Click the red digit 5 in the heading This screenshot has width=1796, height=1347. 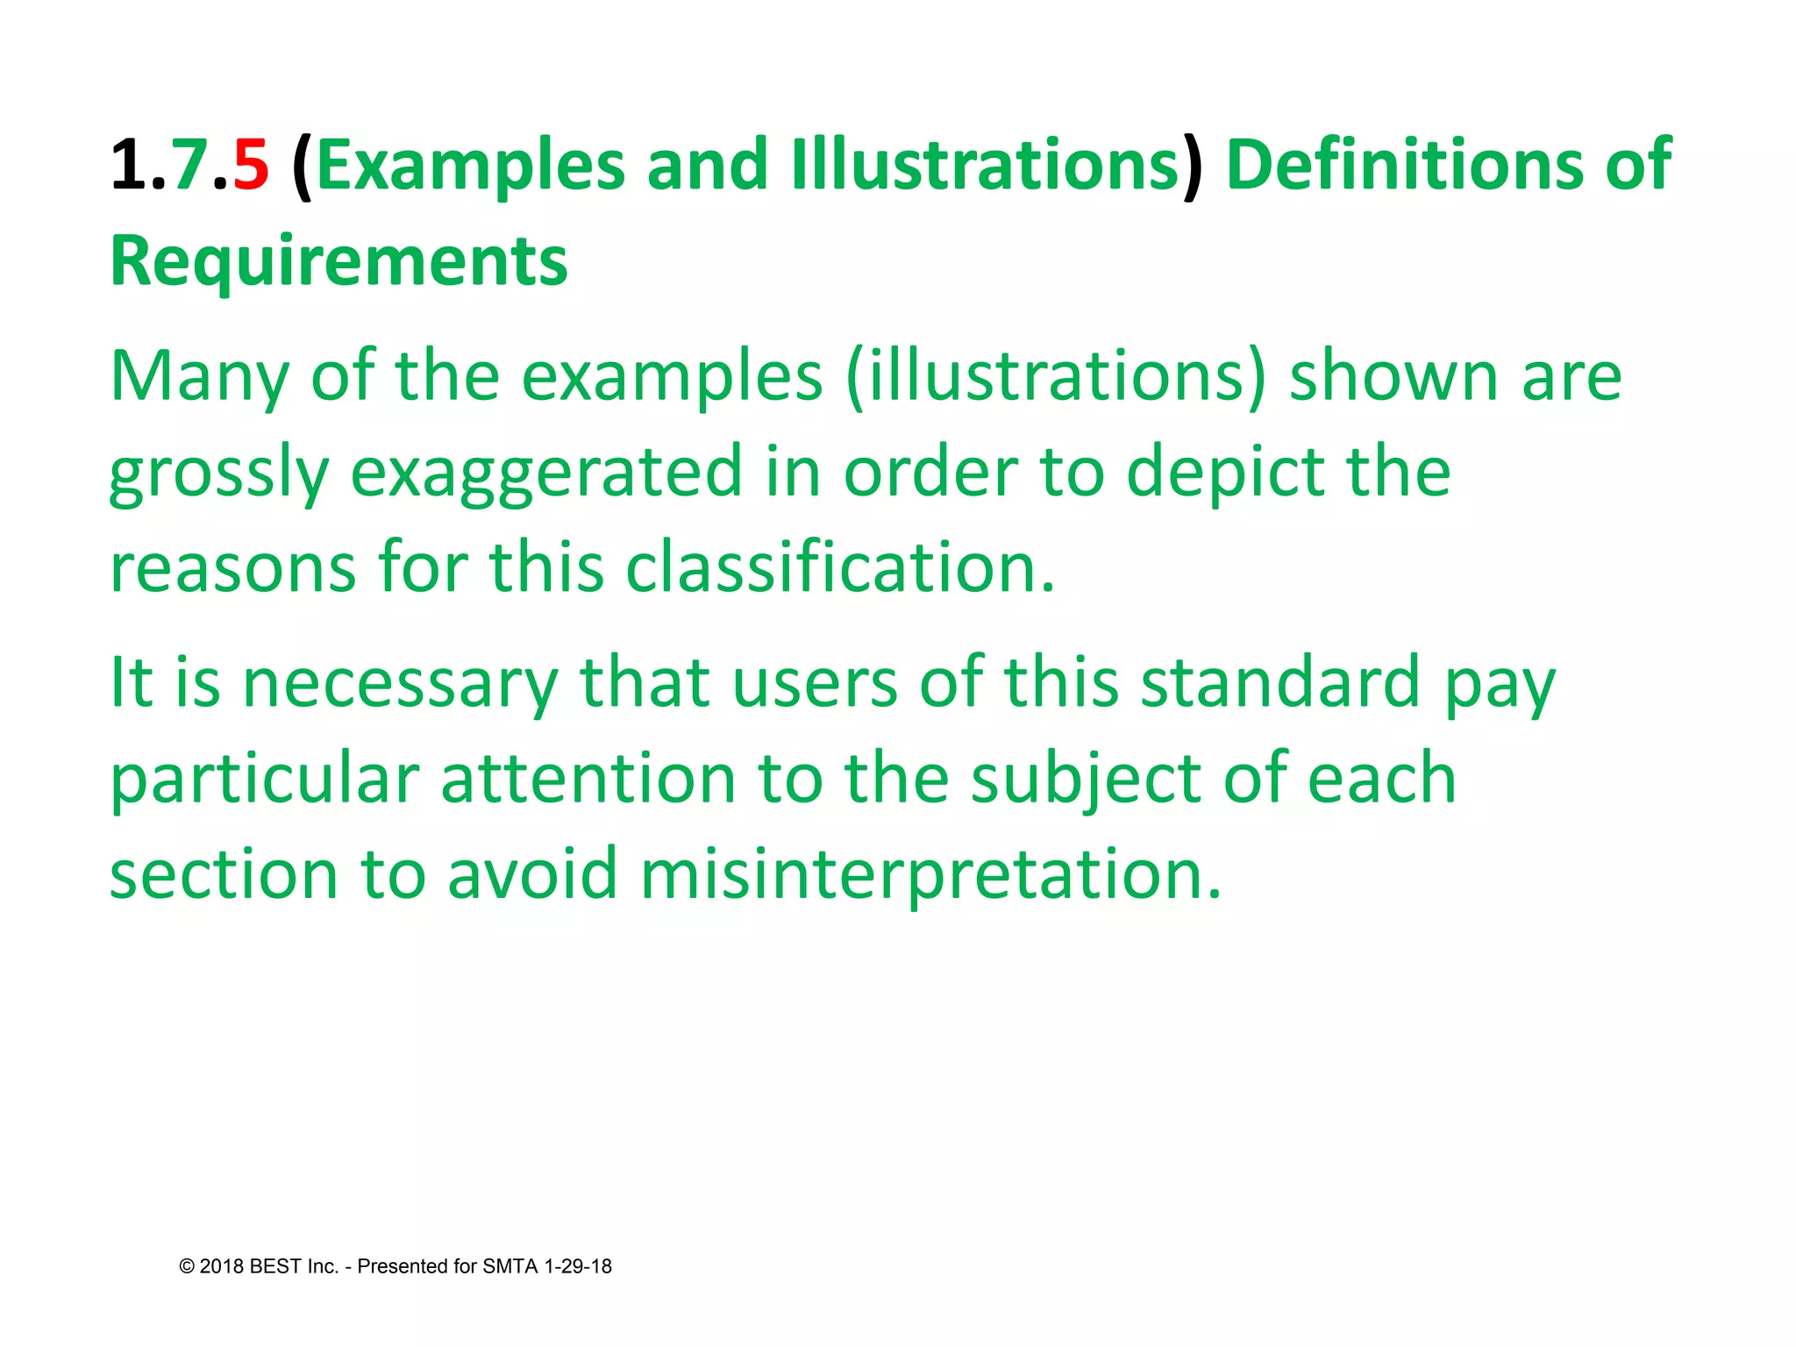[x=251, y=165]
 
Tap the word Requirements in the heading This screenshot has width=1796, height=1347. [x=339, y=261]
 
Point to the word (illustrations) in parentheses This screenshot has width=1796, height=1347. [x=1057, y=376]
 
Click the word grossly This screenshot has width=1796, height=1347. [x=218, y=474]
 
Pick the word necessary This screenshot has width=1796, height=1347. [x=400, y=683]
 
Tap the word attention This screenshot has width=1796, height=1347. [x=588, y=780]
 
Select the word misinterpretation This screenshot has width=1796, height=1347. [x=930, y=874]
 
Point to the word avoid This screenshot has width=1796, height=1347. [x=532, y=874]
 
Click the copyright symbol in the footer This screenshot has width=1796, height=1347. [x=187, y=1266]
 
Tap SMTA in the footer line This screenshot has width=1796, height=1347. [x=510, y=1266]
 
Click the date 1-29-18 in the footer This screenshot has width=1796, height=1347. [x=578, y=1266]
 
